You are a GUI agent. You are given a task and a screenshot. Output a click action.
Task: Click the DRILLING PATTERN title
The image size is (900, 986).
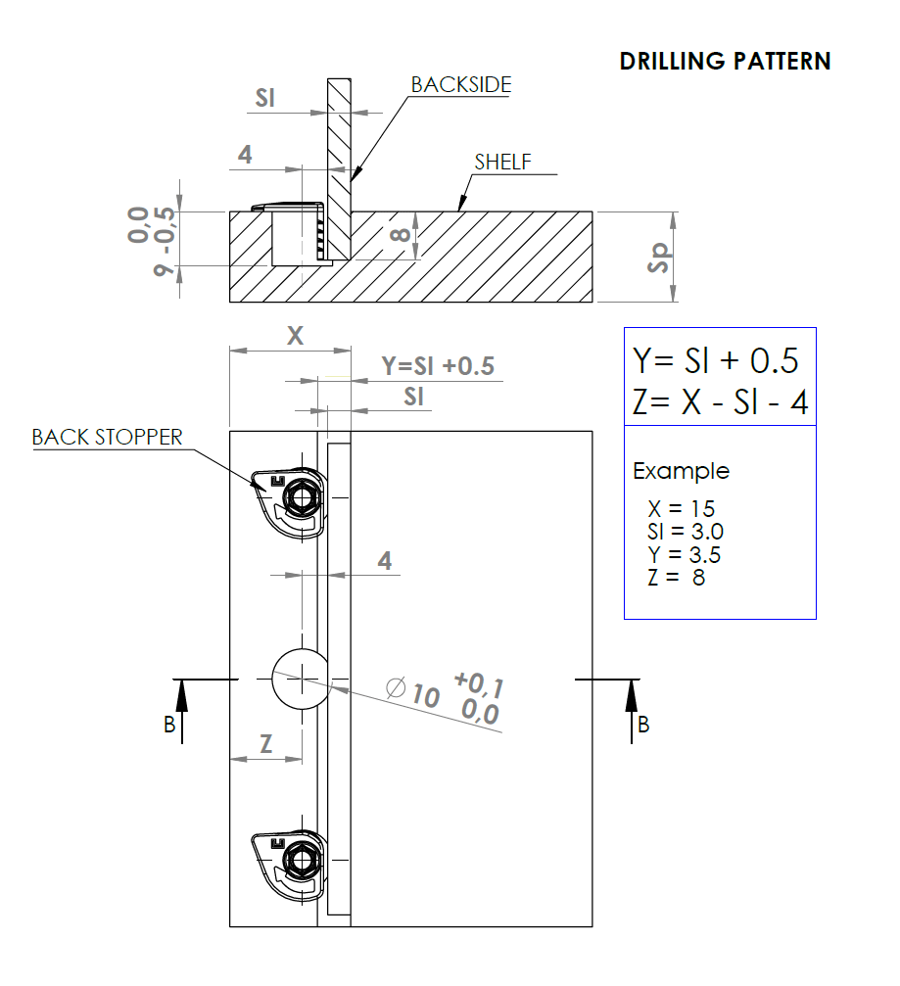point(725,61)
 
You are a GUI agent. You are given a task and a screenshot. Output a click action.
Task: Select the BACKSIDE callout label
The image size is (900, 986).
point(460,85)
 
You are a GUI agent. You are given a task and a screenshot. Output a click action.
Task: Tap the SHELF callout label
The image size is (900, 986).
point(502,163)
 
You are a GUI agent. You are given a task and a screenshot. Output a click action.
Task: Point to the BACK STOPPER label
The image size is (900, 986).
point(107,437)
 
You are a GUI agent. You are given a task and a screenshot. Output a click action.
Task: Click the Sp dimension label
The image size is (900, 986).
point(661,256)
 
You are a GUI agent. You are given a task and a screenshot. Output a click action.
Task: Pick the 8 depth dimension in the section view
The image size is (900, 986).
point(399,236)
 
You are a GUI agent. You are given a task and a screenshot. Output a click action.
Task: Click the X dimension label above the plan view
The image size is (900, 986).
point(295,335)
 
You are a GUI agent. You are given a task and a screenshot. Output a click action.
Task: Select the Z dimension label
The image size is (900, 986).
point(265,743)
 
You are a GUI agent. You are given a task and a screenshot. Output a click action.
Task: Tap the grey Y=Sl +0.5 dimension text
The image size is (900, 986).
point(437,366)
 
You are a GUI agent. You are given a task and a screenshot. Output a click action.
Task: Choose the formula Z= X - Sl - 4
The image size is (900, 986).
point(720,402)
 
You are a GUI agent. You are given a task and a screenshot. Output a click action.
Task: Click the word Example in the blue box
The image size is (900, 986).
point(681,471)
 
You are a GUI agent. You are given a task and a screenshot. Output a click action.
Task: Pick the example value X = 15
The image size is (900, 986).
point(681,509)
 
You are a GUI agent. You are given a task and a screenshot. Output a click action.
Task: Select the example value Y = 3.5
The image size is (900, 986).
point(684,555)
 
